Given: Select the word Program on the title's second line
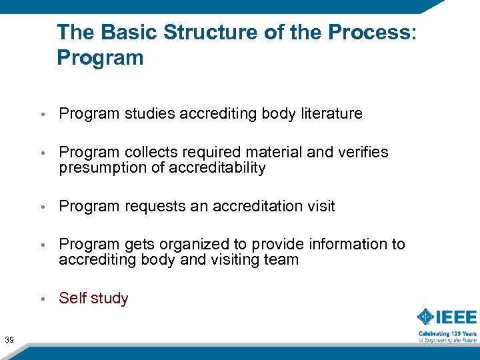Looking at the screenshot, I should [100, 58].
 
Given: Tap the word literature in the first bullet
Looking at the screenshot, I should [330, 114].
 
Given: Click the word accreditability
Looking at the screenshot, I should [217, 168].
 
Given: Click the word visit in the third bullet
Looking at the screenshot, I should [319, 207].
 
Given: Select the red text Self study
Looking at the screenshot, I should [93, 299].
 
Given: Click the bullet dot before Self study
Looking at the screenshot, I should [43, 299].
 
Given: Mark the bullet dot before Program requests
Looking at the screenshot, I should [43, 207].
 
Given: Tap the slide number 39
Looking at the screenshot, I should [10, 323].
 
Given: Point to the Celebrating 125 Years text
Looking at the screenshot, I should [447, 333].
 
